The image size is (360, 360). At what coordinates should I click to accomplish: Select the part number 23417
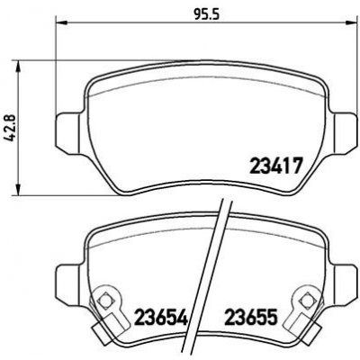274,166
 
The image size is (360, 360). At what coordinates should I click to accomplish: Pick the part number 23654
160,317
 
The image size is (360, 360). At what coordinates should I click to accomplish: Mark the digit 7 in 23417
294,166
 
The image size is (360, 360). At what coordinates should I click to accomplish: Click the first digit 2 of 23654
139,317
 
